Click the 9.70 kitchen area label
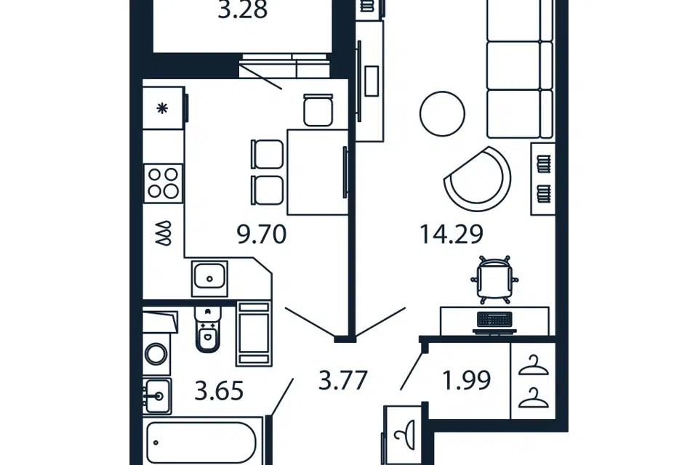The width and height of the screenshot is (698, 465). [x=261, y=235]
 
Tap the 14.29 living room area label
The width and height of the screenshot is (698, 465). [x=452, y=235]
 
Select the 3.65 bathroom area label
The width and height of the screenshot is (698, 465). [x=220, y=392]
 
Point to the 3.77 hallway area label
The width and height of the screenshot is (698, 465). [x=342, y=381]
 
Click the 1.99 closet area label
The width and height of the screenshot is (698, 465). [x=467, y=380]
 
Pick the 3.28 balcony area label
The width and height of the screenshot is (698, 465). [x=243, y=10]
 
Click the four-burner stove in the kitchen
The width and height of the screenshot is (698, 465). [x=164, y=183]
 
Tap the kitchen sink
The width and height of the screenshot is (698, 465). [x=209, y=278]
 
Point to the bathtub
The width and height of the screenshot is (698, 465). [x=201, y=442]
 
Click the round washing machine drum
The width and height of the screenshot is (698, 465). [x=156, y=355]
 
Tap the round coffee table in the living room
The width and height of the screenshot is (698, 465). [x=442, y=113]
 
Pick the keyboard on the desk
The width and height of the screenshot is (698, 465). [x=494, y=319]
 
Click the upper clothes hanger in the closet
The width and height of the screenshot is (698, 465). [x=533, y=365]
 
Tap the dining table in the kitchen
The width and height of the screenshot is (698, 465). [x=318, y=172]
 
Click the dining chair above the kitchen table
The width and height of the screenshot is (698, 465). [x=318, y=110]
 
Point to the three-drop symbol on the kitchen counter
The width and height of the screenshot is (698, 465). [x=164, y=232]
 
